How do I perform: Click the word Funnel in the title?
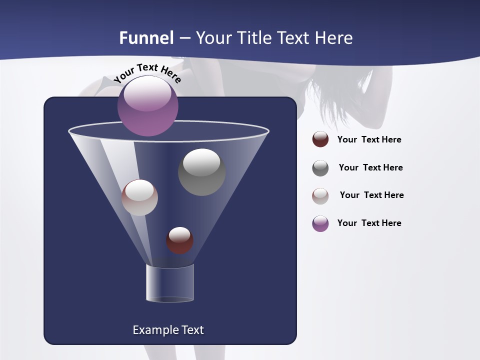pos(146,38)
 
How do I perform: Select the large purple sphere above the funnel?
pos(148,105)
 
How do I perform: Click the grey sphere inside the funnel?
pos(201,172)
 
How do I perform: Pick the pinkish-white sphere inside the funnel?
pos(140,197)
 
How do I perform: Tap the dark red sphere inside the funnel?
pos(179,240)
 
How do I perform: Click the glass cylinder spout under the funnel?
pos(169,283)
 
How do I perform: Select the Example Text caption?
pos(168,330)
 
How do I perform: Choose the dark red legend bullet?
pos(320,139)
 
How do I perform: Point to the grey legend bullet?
pos(320,168)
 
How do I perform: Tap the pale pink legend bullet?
pos(320,195)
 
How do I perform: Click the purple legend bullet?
pos(320,223)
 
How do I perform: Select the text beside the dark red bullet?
pos(369,140)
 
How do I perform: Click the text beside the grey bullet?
pos(370,168)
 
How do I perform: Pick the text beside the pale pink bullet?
pos(371,195)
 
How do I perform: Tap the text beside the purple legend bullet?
pos(369,223)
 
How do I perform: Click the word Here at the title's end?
pos(335,38)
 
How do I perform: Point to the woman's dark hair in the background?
pos(345,100)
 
